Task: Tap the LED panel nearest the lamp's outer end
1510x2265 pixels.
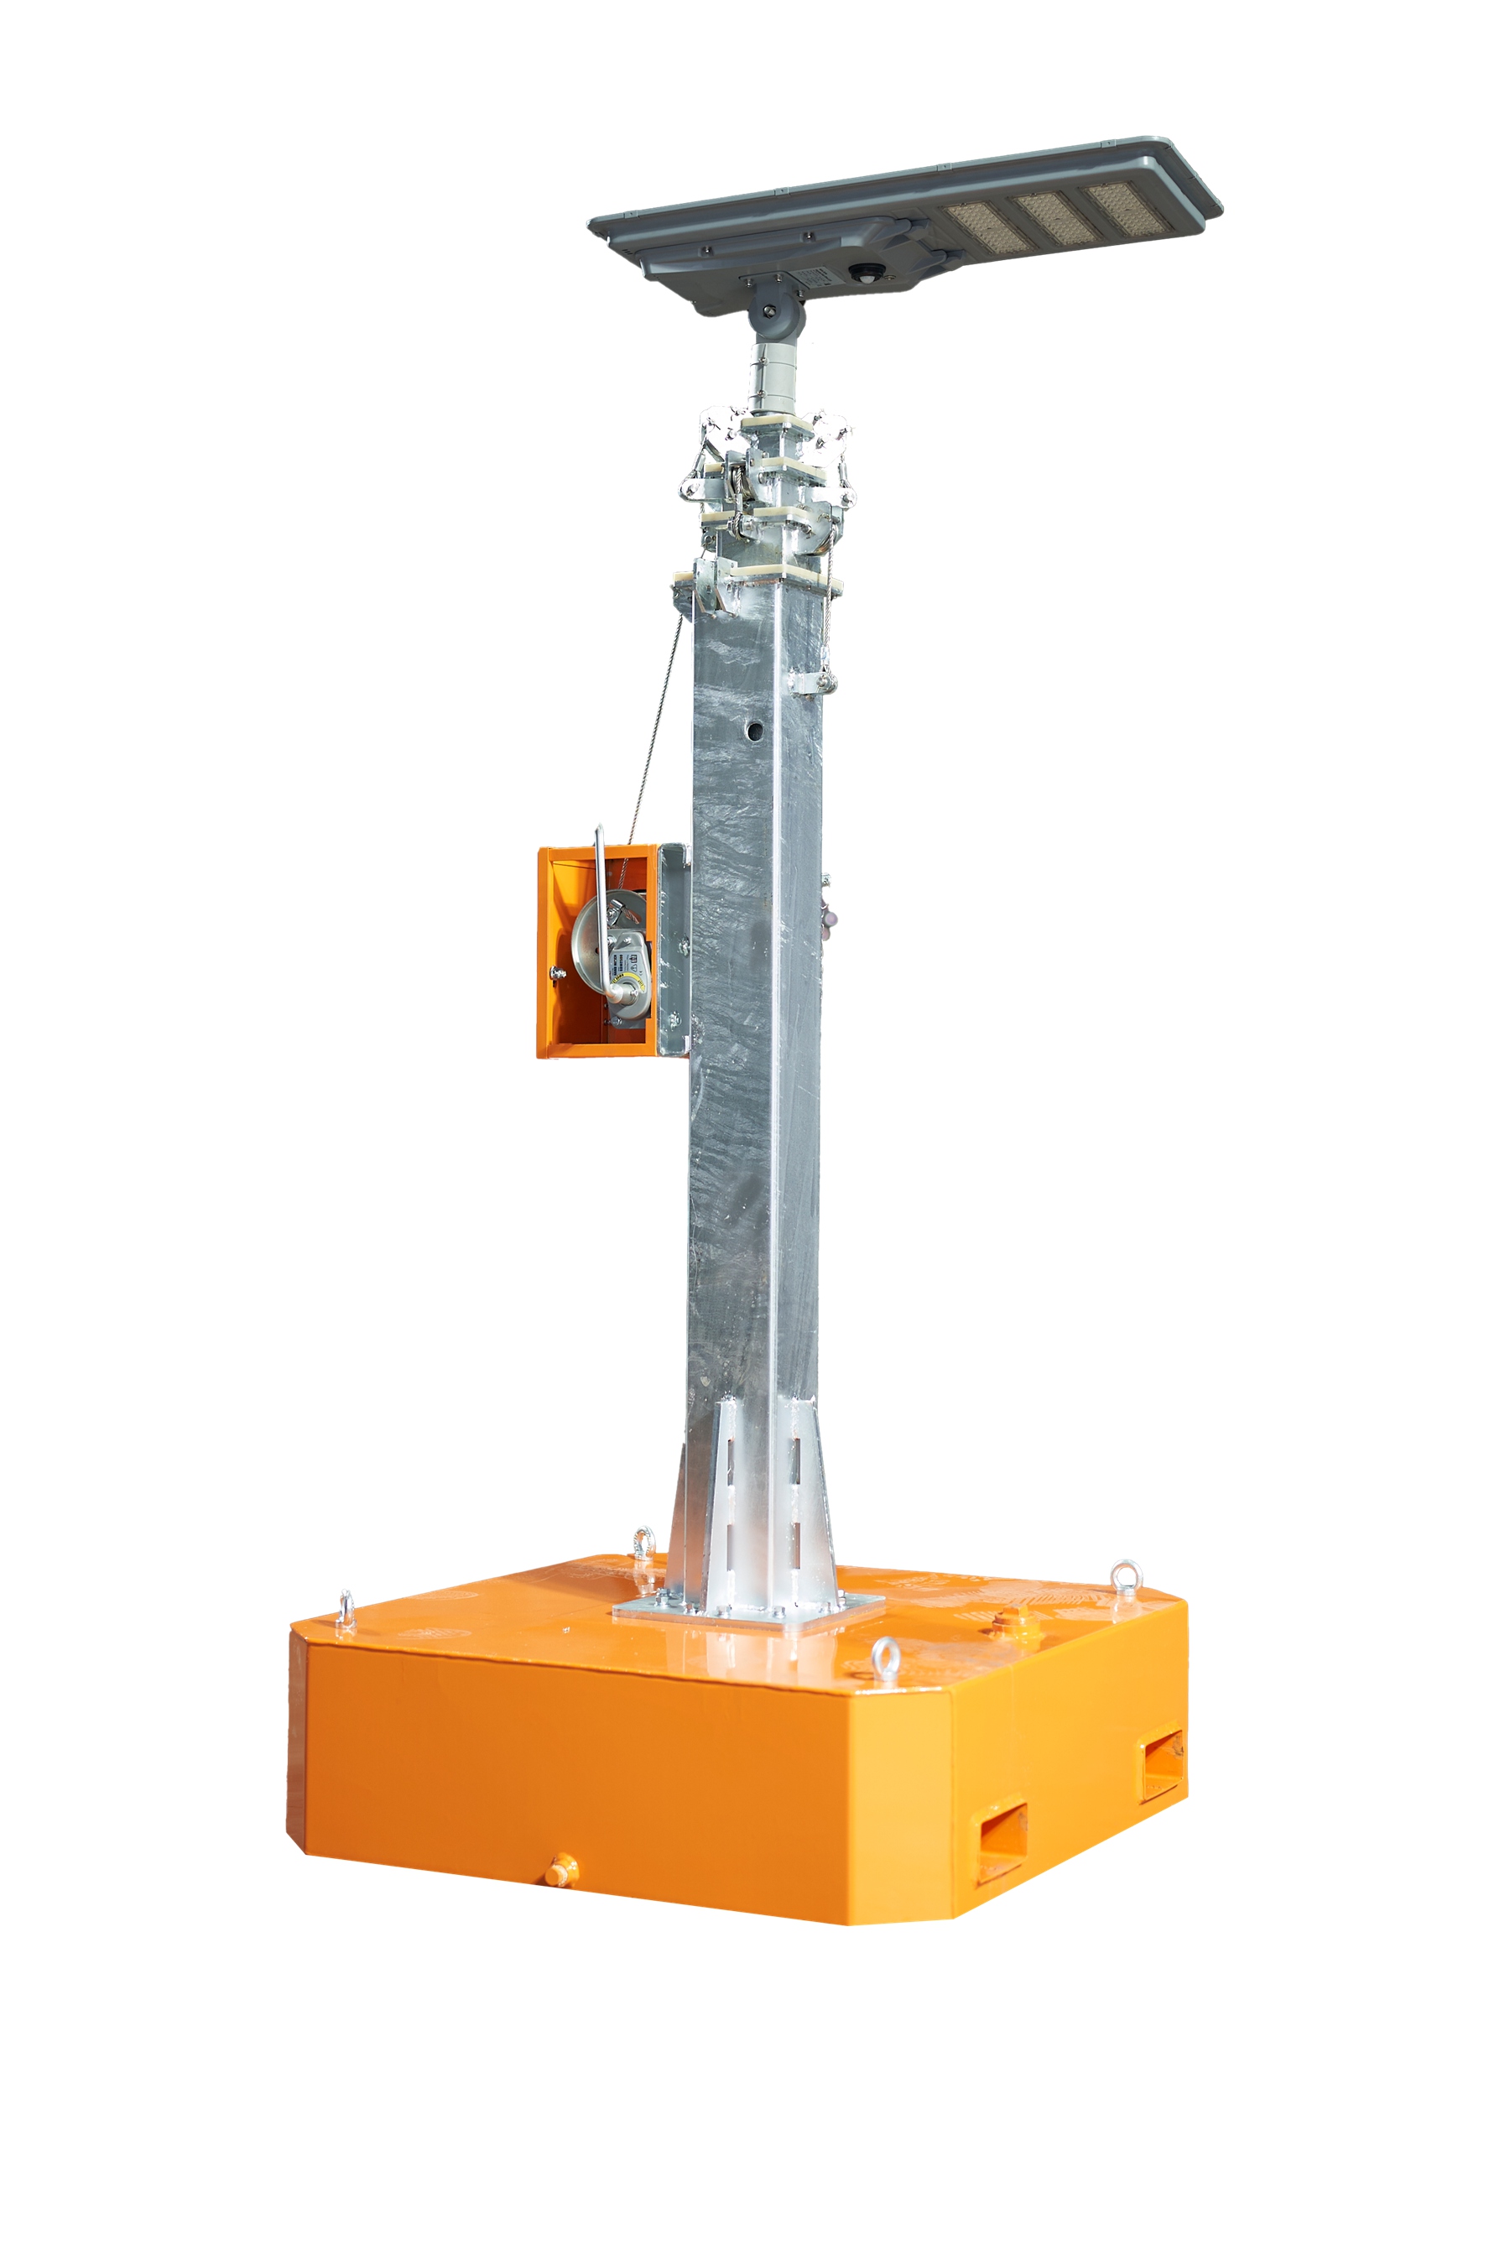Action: (1127, 206)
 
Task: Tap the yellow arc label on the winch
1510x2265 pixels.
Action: (631, 982)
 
